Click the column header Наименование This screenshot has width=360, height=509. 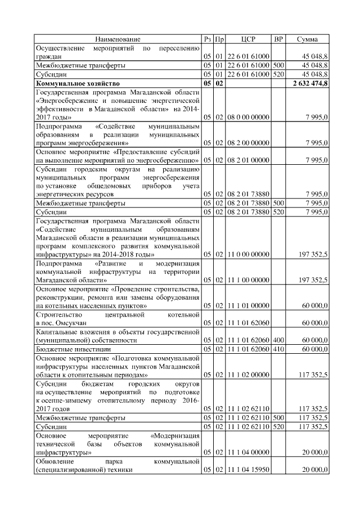coord(118,39)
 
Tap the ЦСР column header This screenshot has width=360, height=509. coord(248,39)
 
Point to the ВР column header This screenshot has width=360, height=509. coord(278,39)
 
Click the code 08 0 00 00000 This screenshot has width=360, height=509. coord(248,117)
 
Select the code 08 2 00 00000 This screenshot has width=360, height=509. coord(248,143)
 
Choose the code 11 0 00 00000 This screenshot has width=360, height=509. coord(248,254)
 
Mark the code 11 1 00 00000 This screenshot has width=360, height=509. coord(248,280)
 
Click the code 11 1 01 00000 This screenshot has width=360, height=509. coord(248,305)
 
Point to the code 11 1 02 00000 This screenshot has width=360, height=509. coord(248,374)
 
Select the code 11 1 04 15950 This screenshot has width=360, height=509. coord(248,469)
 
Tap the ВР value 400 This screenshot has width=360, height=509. coord(278,340)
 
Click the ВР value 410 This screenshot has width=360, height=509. coord(278,349)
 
